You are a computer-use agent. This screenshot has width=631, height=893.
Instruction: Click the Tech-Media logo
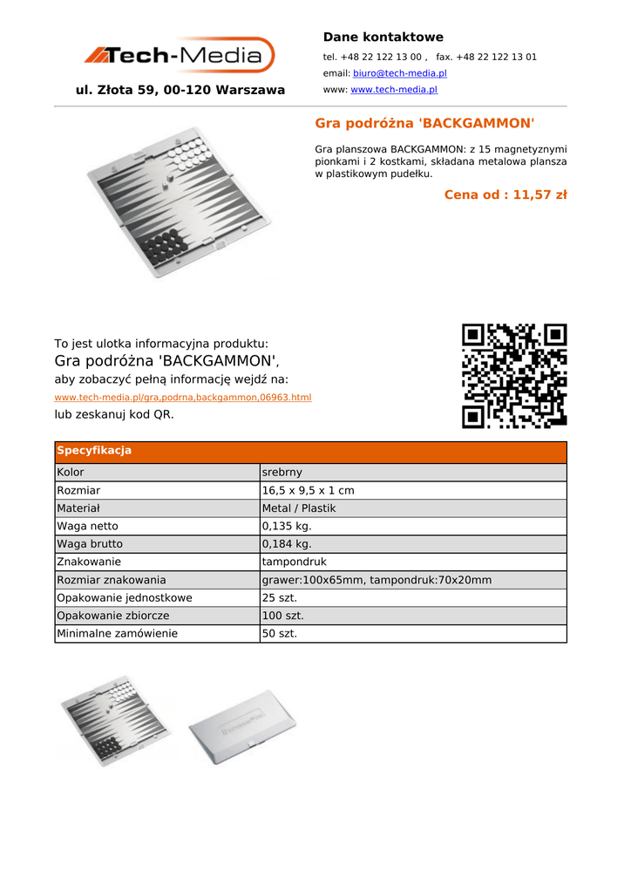coord(180,56)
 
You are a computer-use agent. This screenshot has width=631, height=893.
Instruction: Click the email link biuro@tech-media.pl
coord(399,73)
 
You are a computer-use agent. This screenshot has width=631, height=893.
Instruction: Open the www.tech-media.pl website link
coord(393,90)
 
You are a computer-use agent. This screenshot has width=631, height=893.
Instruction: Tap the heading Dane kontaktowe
coord(383,37)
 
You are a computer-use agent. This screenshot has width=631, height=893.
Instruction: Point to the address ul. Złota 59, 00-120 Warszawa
coord(180,90)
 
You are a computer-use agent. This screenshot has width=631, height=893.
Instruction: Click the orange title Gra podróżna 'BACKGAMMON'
coord(424,123)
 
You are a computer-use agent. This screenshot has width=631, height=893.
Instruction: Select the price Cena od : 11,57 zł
coord(505,194)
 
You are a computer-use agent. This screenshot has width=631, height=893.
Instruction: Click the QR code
coord(513,375)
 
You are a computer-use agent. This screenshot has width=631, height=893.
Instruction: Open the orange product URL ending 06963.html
coord(183,398)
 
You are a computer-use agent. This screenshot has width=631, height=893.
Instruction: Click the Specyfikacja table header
coord(94,451)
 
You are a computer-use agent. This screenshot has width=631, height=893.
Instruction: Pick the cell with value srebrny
coord(282,473)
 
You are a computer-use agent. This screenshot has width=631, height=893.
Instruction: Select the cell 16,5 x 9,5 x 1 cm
coord(308,491)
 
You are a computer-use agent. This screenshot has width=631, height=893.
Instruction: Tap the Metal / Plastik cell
coord(298,508)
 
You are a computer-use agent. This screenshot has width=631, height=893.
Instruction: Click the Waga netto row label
coord(87,527)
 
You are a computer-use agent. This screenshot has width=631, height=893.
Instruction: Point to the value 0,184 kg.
coord(286,544)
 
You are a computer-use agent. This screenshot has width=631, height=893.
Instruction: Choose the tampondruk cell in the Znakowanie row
coord(294,562)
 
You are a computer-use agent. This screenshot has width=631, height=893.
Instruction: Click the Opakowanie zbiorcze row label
coord(113,616)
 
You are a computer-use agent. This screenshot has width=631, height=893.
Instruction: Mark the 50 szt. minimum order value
coord(279,634)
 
